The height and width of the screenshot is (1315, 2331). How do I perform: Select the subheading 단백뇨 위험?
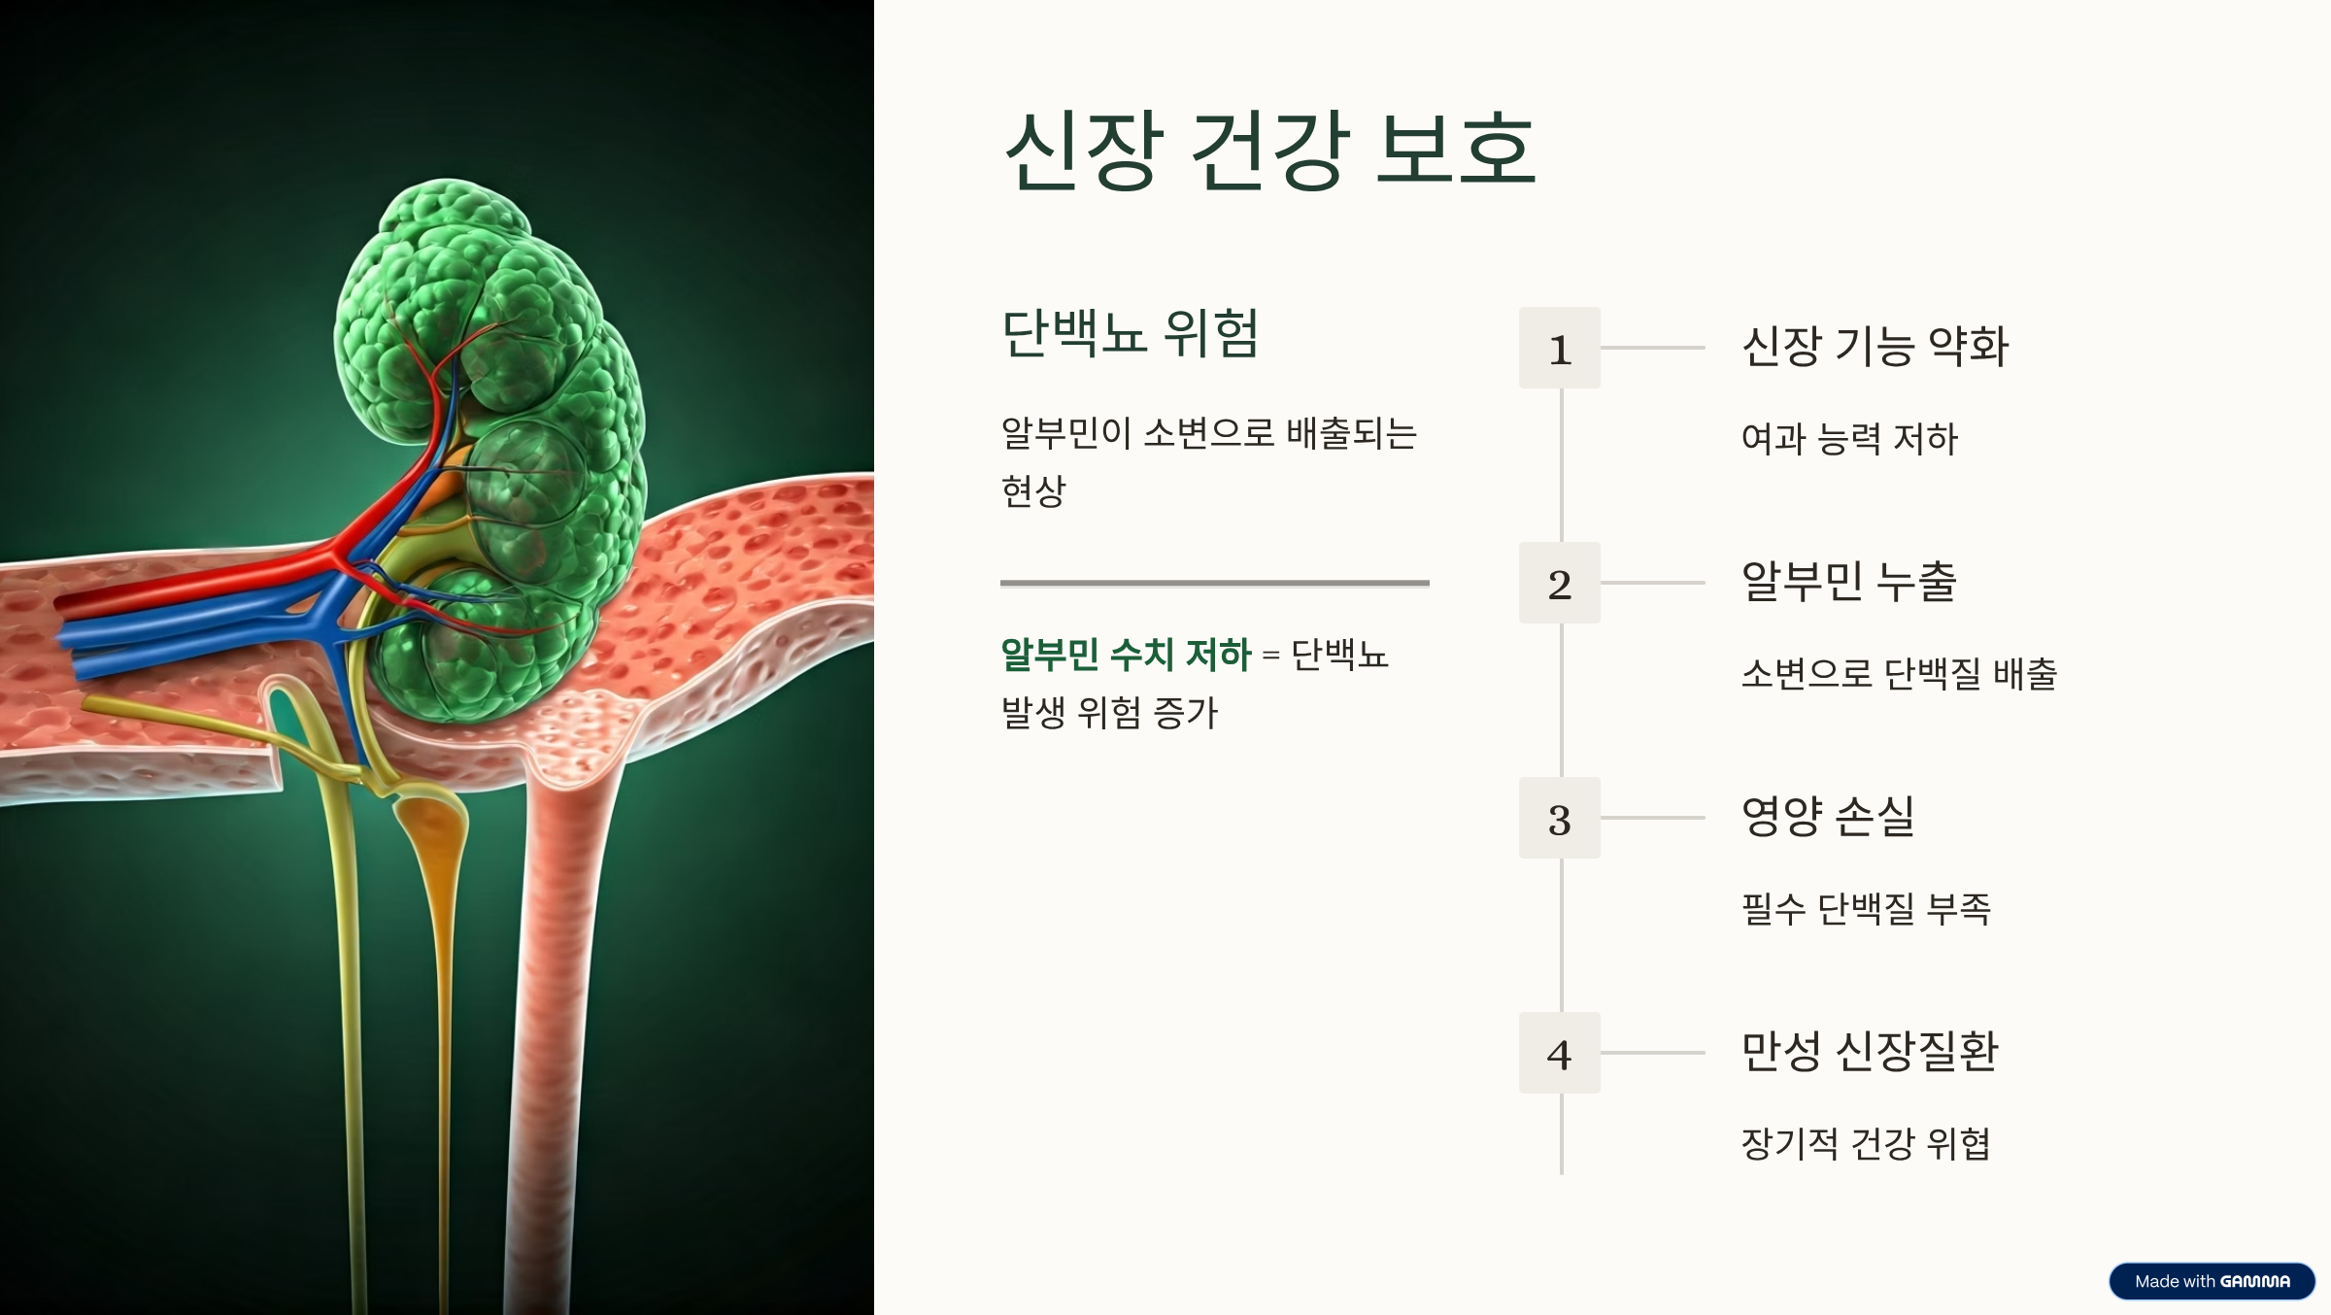point(1130,333)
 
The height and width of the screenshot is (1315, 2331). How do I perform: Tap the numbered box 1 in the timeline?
point(1560,348)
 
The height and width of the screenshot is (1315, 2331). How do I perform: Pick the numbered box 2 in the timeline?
point(1560,583)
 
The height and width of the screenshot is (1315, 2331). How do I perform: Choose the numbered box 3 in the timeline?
point(1560,818)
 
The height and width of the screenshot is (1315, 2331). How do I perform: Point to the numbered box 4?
point(1560,1053)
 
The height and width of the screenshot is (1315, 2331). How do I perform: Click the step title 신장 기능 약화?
point(1875,347)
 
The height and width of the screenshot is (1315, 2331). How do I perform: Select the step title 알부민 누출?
point(1848,582)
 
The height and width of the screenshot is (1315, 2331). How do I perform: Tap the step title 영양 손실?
point(1828,817)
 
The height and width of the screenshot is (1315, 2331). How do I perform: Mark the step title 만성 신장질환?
point(1870,1052)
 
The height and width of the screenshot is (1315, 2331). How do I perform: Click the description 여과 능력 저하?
point(1849,439)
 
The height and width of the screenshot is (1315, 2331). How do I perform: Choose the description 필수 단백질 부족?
point(1866,909)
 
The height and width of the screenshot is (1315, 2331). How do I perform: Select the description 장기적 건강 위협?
point(1866,1144)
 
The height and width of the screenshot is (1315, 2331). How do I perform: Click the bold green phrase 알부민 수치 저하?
point(1126,655)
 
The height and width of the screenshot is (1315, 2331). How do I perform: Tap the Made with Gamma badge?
point(2212,1281)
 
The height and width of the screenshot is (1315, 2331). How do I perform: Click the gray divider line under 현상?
point(1215,583)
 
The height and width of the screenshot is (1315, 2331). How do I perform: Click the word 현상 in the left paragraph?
point(1033,491)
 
